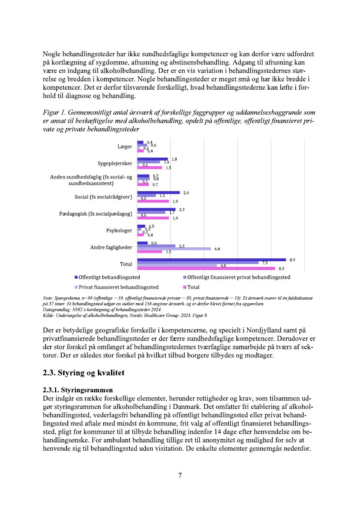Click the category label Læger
(x=124, y=147)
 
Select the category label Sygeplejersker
(x=114, y=164)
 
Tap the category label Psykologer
(x=119, y=231)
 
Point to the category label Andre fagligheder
(x=111, y=247)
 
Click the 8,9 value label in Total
(x=292, y=260)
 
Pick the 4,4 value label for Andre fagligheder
(x=217, y=249)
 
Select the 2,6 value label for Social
(x=186, y=192)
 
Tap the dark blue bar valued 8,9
(x=211, y=260)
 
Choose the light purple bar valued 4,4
(x=174, y=249)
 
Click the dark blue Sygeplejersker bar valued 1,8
(x=152, y=159)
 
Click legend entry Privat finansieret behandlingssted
(x=118, y=287)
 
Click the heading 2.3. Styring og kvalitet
(x=84, y=373)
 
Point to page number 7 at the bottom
(x=180, y=475)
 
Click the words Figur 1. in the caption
(x=55, y=113)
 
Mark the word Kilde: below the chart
(x=49, y=315)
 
